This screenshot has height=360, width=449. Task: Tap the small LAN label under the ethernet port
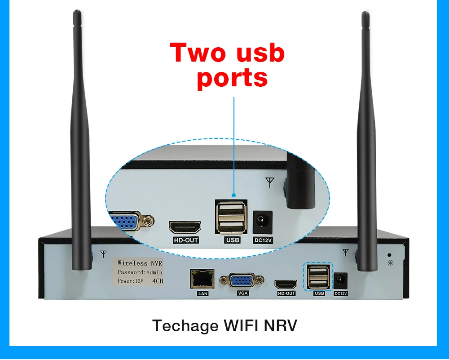(x=202, y=294)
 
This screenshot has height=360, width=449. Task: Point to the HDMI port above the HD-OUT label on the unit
(x=286, y=284)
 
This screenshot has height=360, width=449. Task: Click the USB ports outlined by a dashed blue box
(x=318, y=276)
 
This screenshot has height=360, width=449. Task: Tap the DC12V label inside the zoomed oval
(x=264, y=240)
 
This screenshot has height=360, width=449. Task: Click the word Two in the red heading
(x=197, y=53)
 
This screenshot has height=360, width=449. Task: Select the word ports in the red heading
(x=232, y=78)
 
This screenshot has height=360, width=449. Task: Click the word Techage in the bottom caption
(x=185, y=326)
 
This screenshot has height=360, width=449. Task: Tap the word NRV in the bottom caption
(x=281, y=326)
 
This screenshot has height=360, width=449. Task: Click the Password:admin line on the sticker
(x=140, y=272)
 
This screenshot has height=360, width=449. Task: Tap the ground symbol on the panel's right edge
(x=390, y=261)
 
